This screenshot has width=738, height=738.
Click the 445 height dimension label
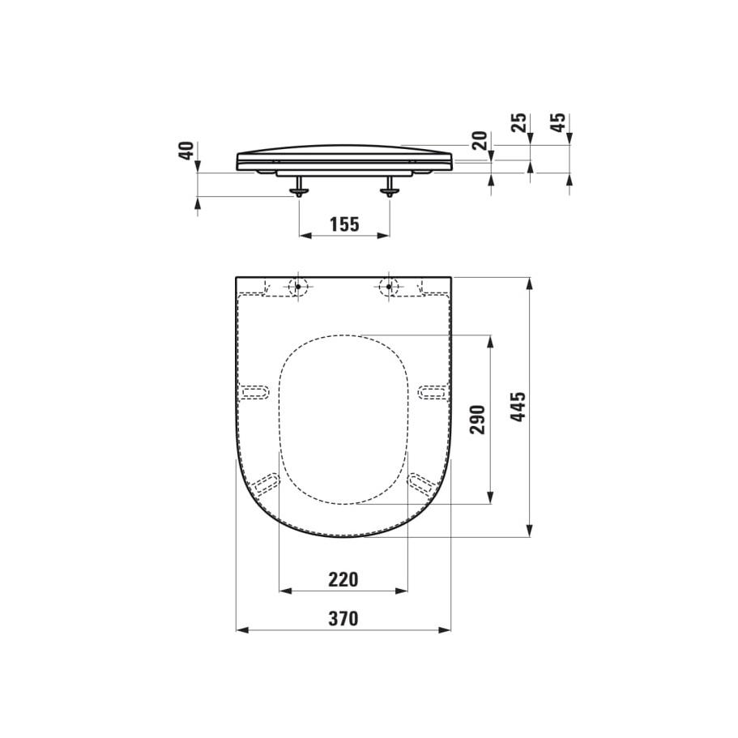[518, 407]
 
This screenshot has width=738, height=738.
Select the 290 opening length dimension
[478, 420]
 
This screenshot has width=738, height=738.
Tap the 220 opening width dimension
[343, 579]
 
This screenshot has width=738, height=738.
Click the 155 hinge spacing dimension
[344, 224]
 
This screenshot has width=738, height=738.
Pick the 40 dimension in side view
[186, 151]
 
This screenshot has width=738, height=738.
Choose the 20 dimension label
[480, 140]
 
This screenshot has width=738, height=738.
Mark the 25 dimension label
[519, 123]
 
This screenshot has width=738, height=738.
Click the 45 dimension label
[558, 123]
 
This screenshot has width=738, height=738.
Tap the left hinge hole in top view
[297, 286]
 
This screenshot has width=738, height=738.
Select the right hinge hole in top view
[390, 286]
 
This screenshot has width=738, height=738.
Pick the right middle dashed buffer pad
[432, 392]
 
